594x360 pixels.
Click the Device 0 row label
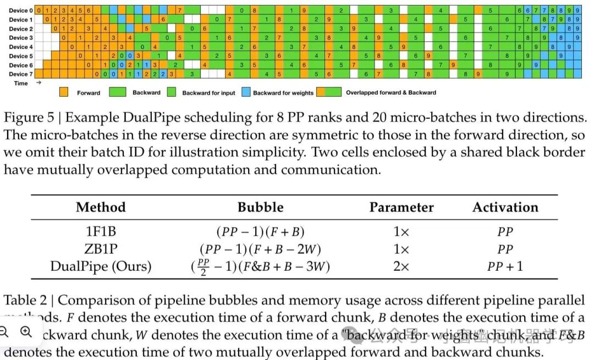[20, 10]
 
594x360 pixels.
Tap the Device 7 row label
[20, 74]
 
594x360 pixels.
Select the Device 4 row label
[20, 47]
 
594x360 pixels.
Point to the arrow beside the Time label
[38, 83]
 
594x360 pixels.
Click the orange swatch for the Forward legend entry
[64, 92]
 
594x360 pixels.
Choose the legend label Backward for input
[208, 93]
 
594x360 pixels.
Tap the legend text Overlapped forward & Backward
[391, 92]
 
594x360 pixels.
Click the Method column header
[101, 208]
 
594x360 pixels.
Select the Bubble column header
[260, 208]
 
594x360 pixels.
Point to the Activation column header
[505, 208]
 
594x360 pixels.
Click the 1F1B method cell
[101, 232]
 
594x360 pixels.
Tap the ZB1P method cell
[101, 249]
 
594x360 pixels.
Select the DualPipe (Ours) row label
[101, 266]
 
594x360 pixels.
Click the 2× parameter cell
[401, 266]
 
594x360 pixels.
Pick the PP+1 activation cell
[505, 266]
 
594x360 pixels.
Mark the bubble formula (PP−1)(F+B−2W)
[260, 249]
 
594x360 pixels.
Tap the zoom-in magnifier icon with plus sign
[26, 331]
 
